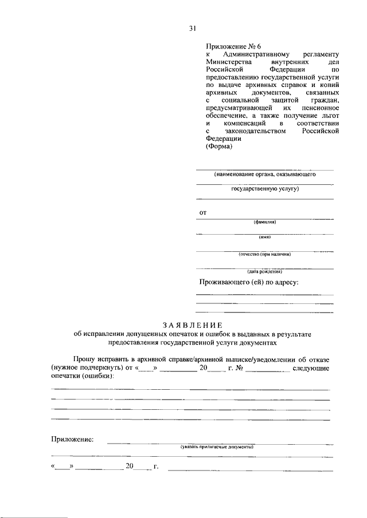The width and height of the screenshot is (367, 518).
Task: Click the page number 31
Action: click(193, 28)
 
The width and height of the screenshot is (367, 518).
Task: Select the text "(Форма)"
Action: click(218, 147)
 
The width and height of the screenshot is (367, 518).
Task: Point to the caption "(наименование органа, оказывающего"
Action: click(264, 174)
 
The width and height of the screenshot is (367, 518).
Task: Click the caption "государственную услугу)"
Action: click(265, 188)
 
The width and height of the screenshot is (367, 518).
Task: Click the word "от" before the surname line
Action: click(202, 213)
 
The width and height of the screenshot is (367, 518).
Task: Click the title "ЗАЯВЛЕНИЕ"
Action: click(191, 325)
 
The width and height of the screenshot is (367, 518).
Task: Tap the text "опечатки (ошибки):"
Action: click(82, 377)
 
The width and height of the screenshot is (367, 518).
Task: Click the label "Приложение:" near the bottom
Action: click(72, 440)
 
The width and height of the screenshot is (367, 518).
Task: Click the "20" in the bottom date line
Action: click(130, 466)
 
